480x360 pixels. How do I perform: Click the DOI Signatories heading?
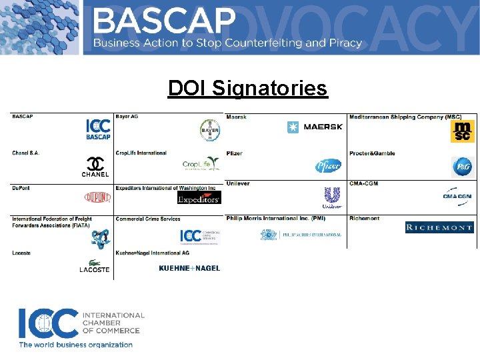[247, 88]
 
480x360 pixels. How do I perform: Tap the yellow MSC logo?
[461, 131]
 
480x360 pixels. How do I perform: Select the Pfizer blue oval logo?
[328, 166]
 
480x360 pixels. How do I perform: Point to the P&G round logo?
[461, 166]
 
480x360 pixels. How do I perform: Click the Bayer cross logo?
[209, 130]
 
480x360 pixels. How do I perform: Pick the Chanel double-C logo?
[96, 163]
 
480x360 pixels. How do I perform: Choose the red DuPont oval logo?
[97, 197]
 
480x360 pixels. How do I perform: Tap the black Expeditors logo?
[199, 197]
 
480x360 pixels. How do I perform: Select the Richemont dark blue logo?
[439, 227]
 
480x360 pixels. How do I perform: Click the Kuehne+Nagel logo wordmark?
[189, 268]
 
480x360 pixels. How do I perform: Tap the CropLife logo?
[201, 165]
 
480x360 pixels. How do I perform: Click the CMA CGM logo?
[457, 196]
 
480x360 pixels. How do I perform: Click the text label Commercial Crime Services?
[147, 219]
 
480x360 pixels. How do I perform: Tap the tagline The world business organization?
[75, 345]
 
